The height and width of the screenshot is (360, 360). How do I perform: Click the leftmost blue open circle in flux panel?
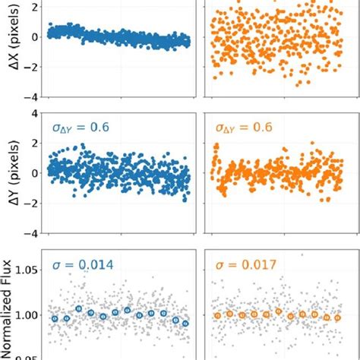point(55,320)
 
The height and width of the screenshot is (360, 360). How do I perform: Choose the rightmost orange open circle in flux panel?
point(327,318)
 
